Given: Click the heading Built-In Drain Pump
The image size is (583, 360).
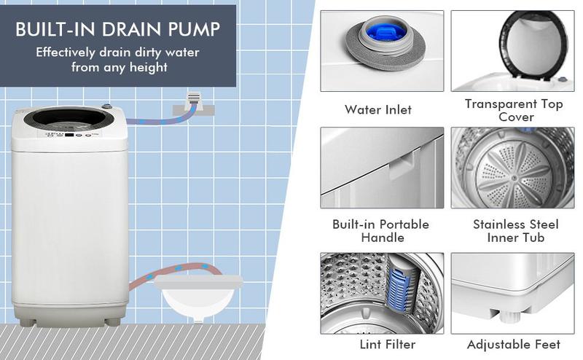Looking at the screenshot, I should coord(118,30).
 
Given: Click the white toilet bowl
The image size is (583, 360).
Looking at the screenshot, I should coord(190,299).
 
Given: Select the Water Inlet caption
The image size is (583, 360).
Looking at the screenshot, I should coord(378,110).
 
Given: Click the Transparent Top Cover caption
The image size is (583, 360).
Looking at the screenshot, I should coord(514,110).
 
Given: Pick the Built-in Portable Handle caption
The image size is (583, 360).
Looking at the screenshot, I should coord(380,231).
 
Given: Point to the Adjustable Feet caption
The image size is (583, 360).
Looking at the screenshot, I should coord(514,344).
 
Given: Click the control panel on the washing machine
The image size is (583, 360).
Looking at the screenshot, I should coord(70,135).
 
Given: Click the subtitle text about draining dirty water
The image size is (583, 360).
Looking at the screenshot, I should coord(118,60).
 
